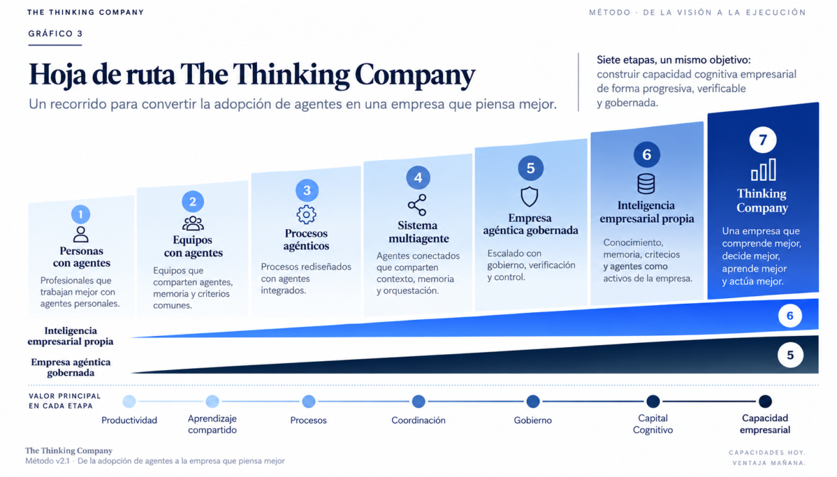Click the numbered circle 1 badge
pos(80,214)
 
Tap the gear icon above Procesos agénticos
pos(306,214)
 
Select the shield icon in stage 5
pos(529,196)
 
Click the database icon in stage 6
pos(646,183)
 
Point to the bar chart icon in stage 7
pos(764,169)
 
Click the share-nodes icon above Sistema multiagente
pos(417,205)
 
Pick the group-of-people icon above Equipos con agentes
pos(193,223)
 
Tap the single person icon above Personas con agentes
pos(80,234)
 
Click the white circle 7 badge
pos(763,140)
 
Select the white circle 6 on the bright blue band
pos(790,316)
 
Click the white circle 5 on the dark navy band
pos(790,355)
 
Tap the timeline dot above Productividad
pos(129,402)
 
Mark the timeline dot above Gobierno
pos(533,402)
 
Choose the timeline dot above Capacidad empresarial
pos(765,402)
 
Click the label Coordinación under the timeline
pos(418,420)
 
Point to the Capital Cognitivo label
pos(653,424)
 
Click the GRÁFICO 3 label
pos(55,33)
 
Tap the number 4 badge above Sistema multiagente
pos(418,178)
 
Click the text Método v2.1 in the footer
pos(48,462)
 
